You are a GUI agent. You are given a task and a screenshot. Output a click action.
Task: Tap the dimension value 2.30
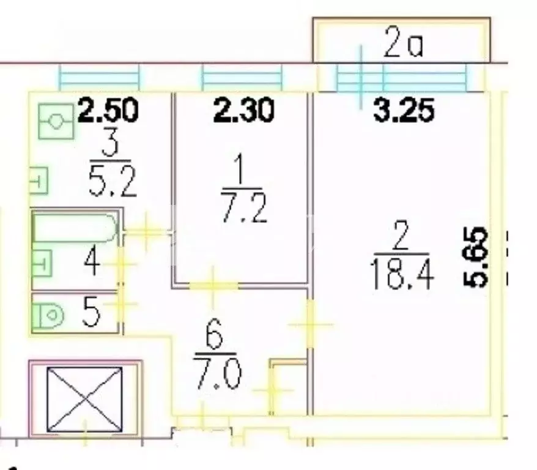pos(243,111)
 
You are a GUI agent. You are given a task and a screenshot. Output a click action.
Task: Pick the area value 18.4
pos(402,275)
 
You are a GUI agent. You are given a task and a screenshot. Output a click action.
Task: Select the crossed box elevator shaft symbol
pos(85,398)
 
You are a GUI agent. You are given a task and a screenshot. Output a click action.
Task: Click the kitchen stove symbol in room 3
pos(56,121)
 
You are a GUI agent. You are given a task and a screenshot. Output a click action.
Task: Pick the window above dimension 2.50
pos(98,78)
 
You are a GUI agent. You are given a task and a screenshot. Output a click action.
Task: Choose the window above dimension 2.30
pos(243,78)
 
